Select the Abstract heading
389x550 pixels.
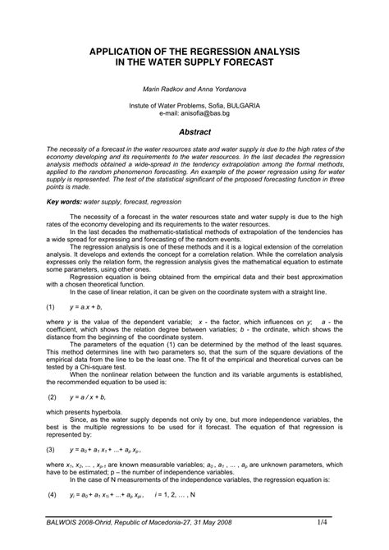coord(194,131)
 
